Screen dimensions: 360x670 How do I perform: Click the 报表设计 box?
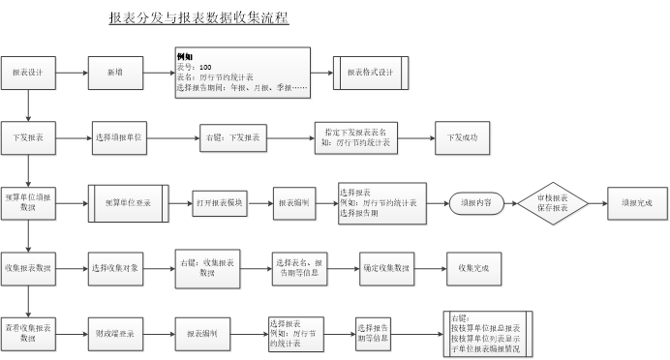(x=28, y=73)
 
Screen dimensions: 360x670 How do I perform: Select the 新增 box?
(x=115, y=73)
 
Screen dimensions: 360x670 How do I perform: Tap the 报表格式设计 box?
(x=372, y=73)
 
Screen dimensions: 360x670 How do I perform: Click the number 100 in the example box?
(x=205, y=67)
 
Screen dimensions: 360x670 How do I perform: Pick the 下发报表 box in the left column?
(x=28, y=138)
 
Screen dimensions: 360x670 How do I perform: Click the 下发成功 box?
(x=462, y=138)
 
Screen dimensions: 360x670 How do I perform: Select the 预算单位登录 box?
(x=129, y=203)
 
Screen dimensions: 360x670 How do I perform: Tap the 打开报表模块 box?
(x=221, y=203)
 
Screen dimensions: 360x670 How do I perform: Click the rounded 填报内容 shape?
(x=476, y=203)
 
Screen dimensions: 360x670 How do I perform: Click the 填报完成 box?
(x=636, y=203)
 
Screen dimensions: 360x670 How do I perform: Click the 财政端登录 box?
(x=115, y=333)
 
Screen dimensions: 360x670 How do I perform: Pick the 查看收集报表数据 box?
(x=28, y=333)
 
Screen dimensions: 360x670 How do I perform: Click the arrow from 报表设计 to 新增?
(x=73, y=73)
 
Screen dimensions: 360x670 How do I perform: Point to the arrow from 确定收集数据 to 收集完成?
(x=430, y=267)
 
